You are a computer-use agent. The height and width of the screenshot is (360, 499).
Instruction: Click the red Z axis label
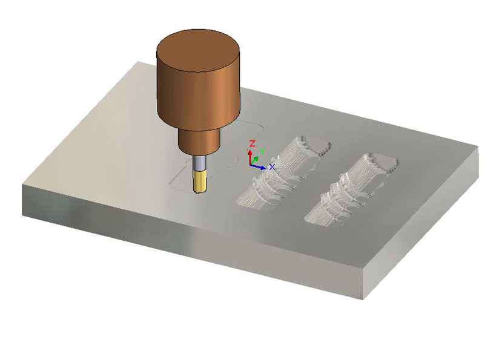click(253, 143)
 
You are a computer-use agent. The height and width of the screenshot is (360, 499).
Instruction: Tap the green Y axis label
click(262, 152)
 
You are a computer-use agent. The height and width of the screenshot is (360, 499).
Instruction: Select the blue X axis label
click(272, 166)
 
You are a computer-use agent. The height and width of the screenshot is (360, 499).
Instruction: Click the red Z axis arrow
click(250, 157)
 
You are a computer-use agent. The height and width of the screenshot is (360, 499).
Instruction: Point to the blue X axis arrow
click(258, 166)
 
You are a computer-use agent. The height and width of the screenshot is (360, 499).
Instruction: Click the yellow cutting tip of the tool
click(199, 182)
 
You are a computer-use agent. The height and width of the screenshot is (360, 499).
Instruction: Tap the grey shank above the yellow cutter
click(199, 163)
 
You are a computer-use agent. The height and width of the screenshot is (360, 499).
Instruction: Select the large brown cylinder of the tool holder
click(198, 86)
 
